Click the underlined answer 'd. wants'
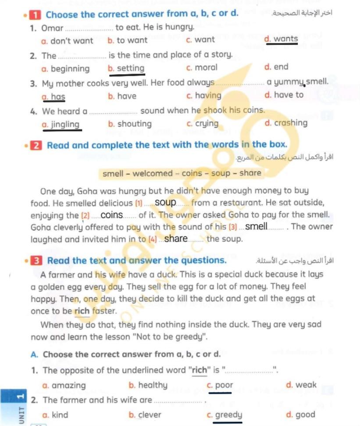click(x=282, y=39)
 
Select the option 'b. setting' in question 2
click(x=126, y=68)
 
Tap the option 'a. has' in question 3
click(x=53, y=97)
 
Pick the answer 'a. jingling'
click(x=61, y=125)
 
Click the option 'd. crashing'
click(x=286, y=123)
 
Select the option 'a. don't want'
click(x=67, y=41)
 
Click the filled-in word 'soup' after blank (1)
click(x=165, y=203)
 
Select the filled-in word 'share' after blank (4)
click(x=176, y=239)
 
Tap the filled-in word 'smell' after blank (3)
click(x=256, y=227)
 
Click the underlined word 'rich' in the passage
click(x=82, y=311)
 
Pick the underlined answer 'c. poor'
click(x=220, y=386)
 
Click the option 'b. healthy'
click(x=148, y=385)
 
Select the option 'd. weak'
click(x=301, y=385)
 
